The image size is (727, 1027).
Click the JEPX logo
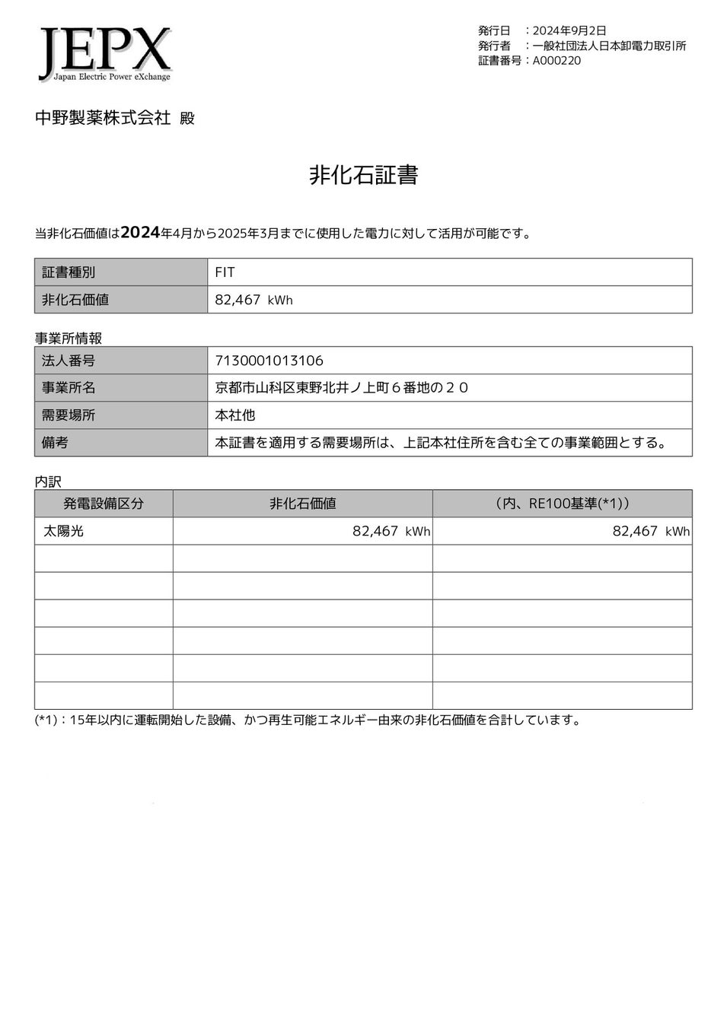click(105, 54)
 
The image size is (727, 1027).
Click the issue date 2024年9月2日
click(569, 30)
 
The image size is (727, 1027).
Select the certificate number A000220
click(556, 61)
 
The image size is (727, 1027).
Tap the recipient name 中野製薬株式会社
click(103, 118)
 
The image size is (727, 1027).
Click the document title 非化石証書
click(363, 176)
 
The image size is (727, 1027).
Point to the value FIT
click(225, 272)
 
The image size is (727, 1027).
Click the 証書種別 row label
click(69, 272)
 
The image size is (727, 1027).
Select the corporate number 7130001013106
click(269, 361)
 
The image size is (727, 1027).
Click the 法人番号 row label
click(69, 361)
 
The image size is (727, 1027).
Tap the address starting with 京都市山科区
click(342, 388)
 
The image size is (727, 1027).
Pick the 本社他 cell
click(235, 415)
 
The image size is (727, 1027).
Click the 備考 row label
click(55, 443)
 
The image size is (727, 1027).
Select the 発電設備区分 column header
click(104, 504)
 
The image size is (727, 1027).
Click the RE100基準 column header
click(562, 504)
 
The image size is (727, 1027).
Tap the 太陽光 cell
click(64, 531)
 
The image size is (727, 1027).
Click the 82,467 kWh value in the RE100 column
click(651, 531)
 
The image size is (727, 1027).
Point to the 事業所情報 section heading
click(69, 338)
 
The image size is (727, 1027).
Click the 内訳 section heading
click(48, 482)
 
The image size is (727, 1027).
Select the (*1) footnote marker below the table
click(46, 720)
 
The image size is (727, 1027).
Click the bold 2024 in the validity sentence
click(140, 233)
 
